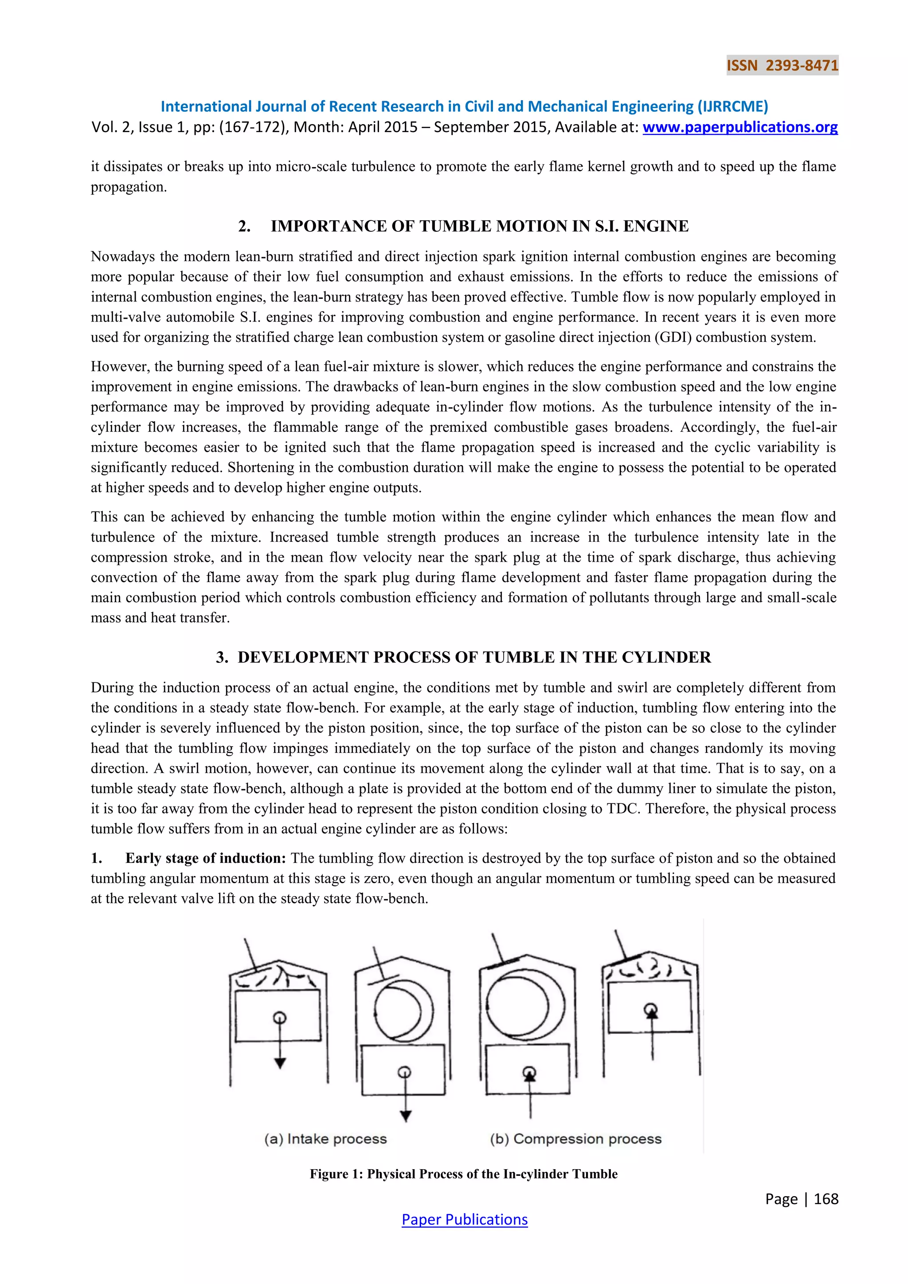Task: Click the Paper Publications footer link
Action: coord(464,1219)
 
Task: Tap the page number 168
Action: coord(826,1198)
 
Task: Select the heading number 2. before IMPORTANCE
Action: coord(244,226)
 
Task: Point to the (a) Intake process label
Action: coord(325,1139)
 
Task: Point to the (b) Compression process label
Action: coord(575,1139)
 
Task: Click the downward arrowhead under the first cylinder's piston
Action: coord(280,1063)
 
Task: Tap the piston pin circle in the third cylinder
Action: coord(529,1073)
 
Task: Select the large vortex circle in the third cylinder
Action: coord(525,1004)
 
